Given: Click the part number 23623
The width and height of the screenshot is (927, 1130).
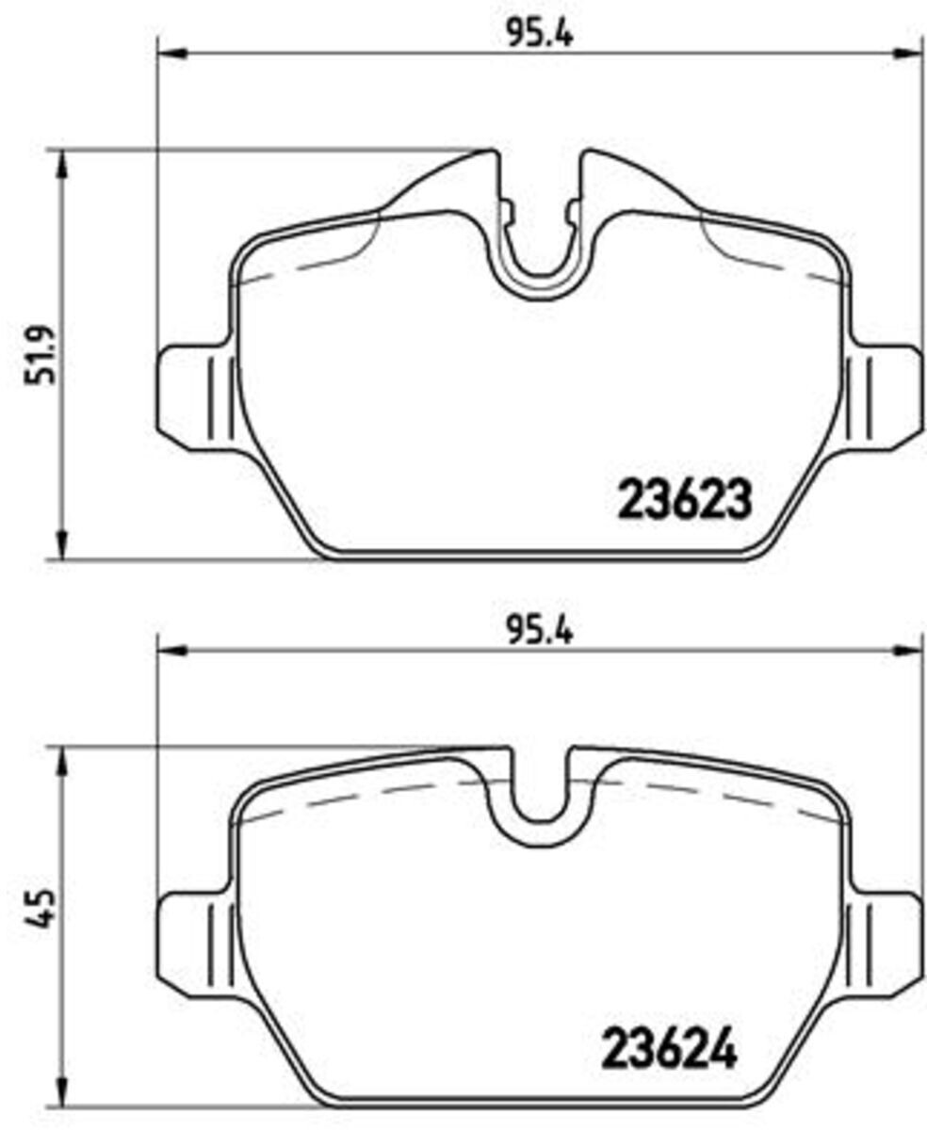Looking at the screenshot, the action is [685, 498].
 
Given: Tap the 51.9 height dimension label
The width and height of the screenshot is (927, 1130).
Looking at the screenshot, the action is [41, 355].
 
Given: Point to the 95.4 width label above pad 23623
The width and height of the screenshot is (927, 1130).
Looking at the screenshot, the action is [540, 35].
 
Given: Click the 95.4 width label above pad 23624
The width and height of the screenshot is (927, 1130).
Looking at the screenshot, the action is [540, 632].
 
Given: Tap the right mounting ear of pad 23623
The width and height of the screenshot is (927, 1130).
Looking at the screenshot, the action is [885, 397].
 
